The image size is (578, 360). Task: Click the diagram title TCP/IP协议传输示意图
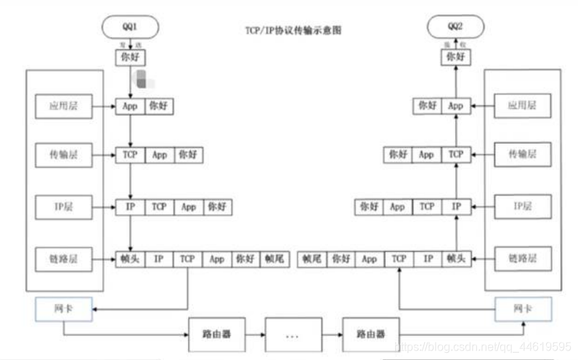point(293,30)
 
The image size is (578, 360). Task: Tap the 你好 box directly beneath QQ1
point(130,56)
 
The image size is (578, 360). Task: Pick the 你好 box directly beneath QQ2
point(456,56)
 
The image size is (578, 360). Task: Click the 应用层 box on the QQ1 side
point(63,106)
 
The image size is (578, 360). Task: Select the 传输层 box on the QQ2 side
point(521,155)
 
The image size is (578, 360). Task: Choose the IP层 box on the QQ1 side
point(63,207)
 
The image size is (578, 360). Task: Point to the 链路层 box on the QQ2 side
point(521,258)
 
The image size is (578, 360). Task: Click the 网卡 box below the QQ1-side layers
point(63,310)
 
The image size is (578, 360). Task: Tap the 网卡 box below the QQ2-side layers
point(521,310)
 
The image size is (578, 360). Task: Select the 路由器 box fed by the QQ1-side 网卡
point(216,335)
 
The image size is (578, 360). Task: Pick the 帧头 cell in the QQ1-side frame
point(130,258)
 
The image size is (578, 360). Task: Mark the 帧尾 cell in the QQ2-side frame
point(312,258)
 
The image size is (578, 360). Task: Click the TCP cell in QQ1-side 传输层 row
point(130,155)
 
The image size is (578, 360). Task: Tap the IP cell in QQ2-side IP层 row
point(456,207)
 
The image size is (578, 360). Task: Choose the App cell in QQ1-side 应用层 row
point(130,106)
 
